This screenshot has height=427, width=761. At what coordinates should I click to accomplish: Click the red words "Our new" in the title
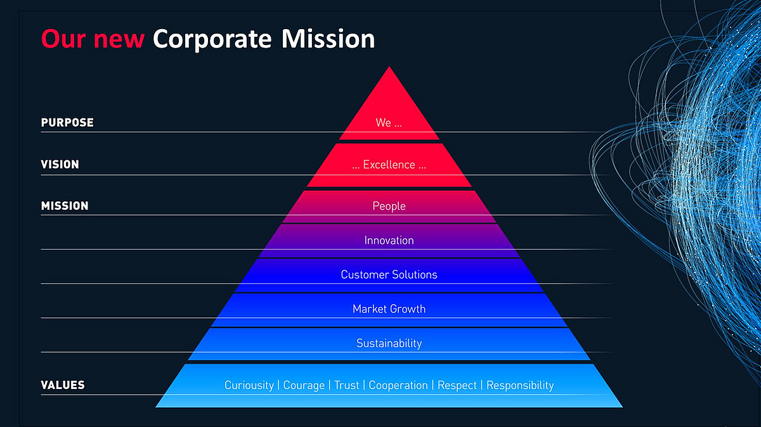click(93, 39)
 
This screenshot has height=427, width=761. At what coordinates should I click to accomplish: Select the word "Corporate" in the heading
click(212, 40)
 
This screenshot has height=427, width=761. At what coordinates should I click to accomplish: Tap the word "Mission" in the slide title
click(328, 39)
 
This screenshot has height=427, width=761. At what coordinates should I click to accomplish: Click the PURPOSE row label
click(67, 122)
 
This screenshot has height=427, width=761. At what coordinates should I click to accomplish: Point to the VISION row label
click(60, 165)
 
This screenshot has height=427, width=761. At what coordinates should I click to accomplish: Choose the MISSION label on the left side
click(65, 206)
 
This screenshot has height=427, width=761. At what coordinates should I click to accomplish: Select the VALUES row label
click(63, 385)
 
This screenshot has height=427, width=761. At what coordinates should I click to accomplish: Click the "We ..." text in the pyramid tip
click(389, 122)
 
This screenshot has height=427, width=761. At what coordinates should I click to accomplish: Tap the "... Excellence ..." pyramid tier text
click(389, 165)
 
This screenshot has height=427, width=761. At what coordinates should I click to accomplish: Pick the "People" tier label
click(389, 206)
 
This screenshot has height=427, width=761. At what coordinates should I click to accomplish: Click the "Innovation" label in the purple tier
click(389, 240)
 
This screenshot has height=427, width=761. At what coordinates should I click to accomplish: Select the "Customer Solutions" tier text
click(389, 274)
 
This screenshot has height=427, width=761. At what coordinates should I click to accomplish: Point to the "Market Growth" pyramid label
click(389, 309)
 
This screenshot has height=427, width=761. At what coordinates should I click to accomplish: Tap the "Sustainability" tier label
click(389, 343)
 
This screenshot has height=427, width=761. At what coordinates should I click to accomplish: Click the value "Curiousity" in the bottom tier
click(249, 385)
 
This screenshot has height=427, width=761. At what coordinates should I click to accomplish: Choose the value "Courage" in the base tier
click(304, 386)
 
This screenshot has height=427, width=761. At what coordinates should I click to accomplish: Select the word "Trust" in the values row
click(346, 385)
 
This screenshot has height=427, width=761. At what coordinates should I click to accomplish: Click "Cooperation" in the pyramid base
click(398, 386)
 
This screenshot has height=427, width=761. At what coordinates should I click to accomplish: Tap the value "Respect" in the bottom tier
click(457, 386)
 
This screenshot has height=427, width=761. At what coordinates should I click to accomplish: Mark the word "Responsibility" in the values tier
click(520, 386)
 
